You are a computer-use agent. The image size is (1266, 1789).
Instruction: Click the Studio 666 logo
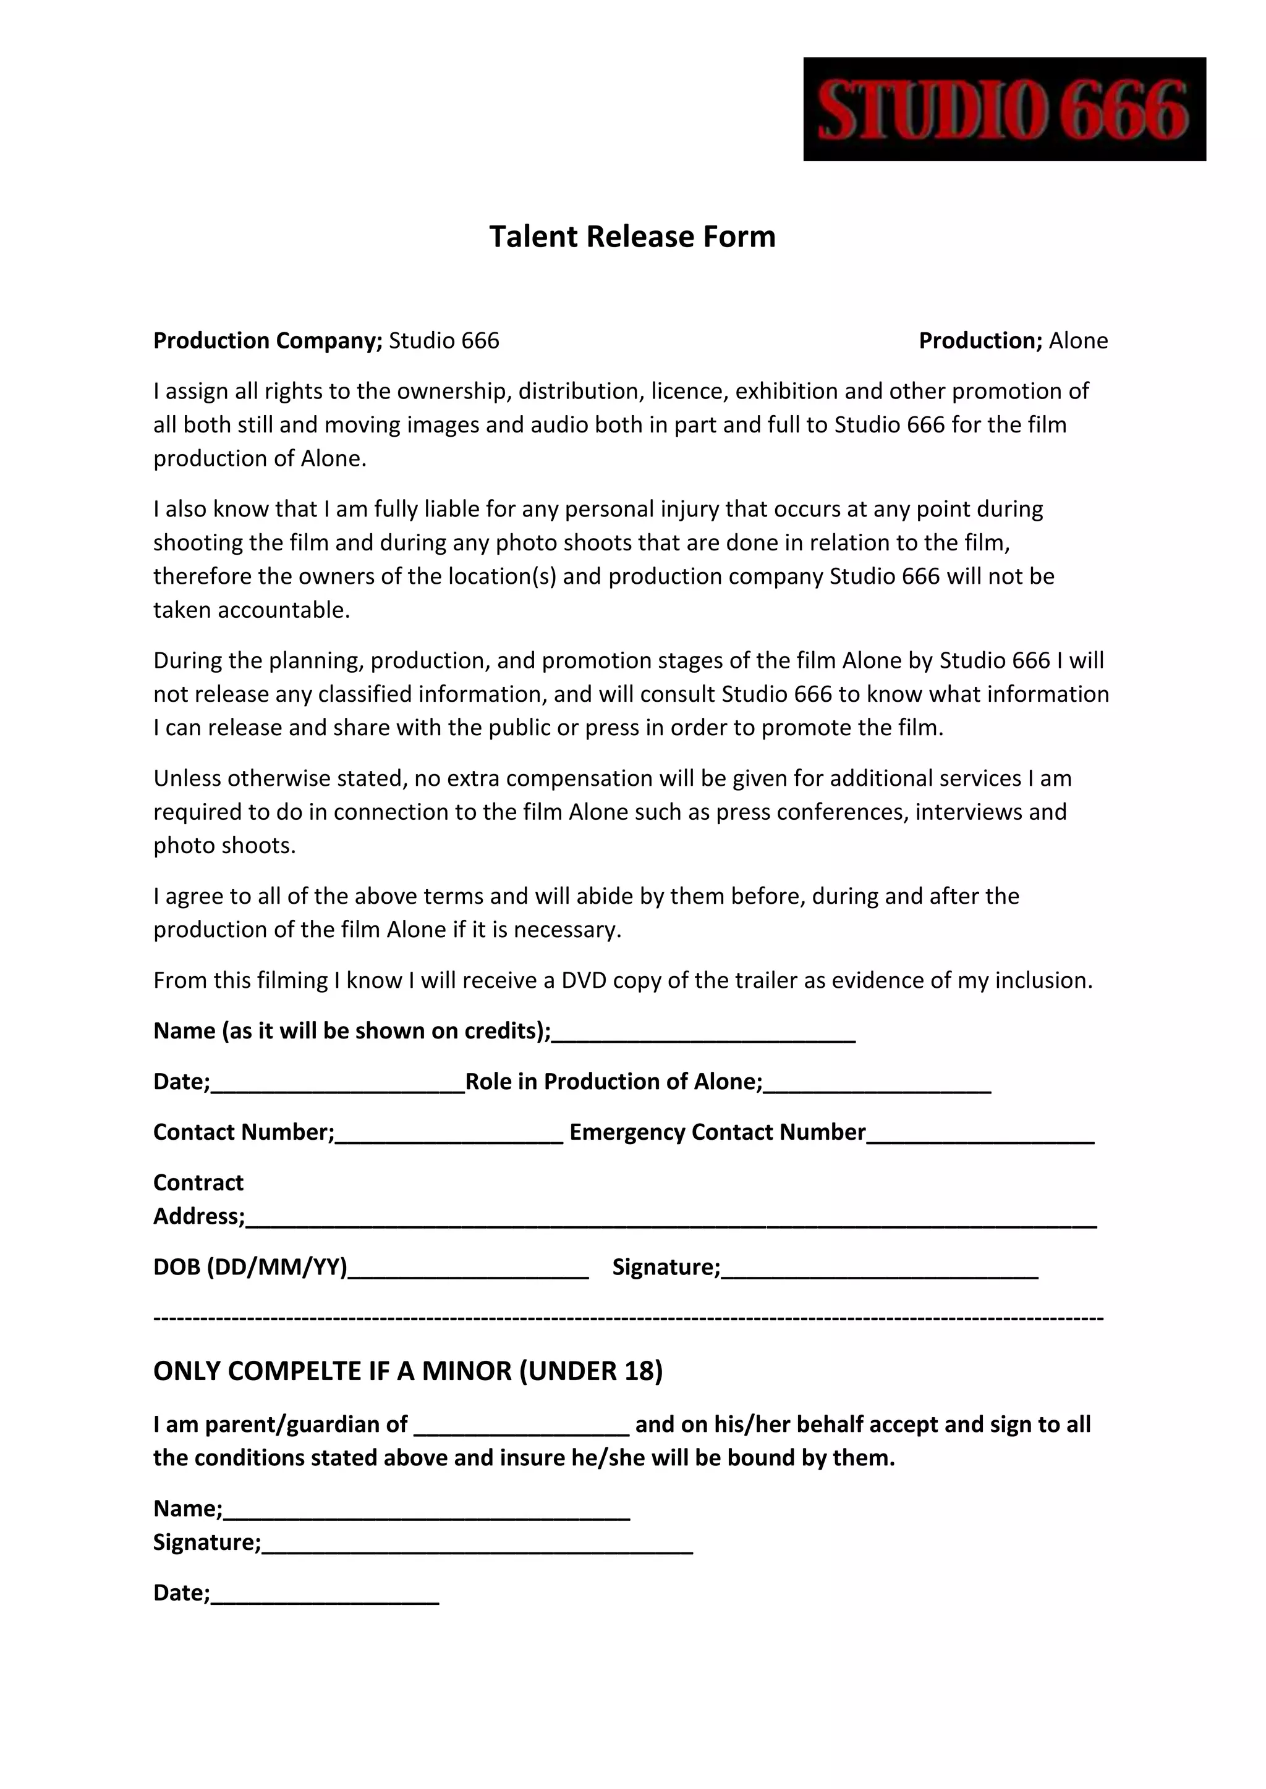pos(1004,109)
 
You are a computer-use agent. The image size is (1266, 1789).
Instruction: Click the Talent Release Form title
pos(632,236)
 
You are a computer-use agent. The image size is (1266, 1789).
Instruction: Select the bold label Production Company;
pos(268,340)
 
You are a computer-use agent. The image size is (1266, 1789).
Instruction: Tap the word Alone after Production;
pos(1078,340)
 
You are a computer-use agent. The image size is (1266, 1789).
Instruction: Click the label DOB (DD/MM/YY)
pos(250,1267)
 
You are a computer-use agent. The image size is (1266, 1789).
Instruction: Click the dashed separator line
pos(628,1318)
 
